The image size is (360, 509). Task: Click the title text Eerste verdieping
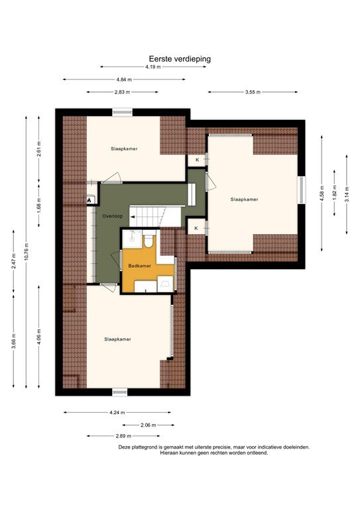coord(180,58)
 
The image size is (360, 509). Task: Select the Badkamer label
coord(139,266)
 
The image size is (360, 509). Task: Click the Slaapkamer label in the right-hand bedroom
coord(244,199)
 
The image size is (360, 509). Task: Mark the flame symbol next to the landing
coord(88,199)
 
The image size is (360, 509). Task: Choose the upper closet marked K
coord(197,160)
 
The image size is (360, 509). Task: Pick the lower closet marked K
coord(197,229)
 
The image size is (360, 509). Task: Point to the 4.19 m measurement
coord(153,67)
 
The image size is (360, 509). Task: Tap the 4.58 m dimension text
coord(322,193)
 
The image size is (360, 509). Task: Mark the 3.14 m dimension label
coord(347,194)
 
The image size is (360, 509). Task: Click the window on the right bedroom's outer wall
coord(302,190)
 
